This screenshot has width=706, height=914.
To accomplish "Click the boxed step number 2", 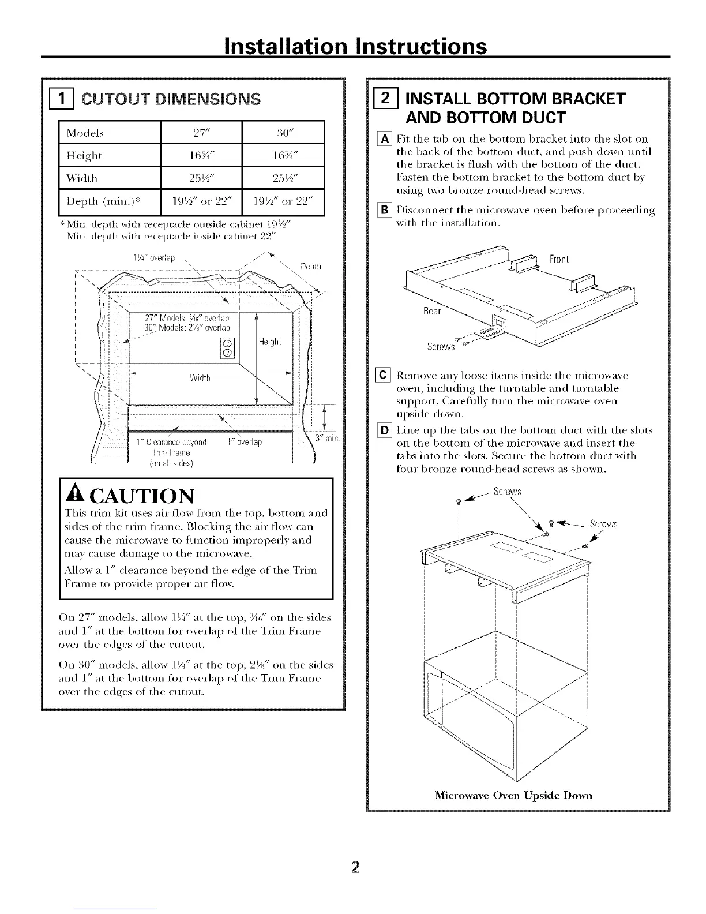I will pos(378,99).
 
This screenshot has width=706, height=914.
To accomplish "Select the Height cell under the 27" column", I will pos(201,156).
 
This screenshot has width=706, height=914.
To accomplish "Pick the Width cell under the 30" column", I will pos(283,178).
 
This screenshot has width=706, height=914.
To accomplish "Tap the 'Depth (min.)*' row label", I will pos(104,201).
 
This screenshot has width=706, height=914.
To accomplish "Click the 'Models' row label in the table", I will pos(85,133).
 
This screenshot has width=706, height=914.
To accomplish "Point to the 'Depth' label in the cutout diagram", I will pos(311,267).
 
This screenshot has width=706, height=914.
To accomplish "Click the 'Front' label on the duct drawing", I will pos(559,259).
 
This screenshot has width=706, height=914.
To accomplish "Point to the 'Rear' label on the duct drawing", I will pos(432,312).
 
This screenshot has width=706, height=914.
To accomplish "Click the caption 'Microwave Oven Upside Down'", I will pos(513,795).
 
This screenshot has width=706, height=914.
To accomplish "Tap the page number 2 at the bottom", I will pos(354,867).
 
